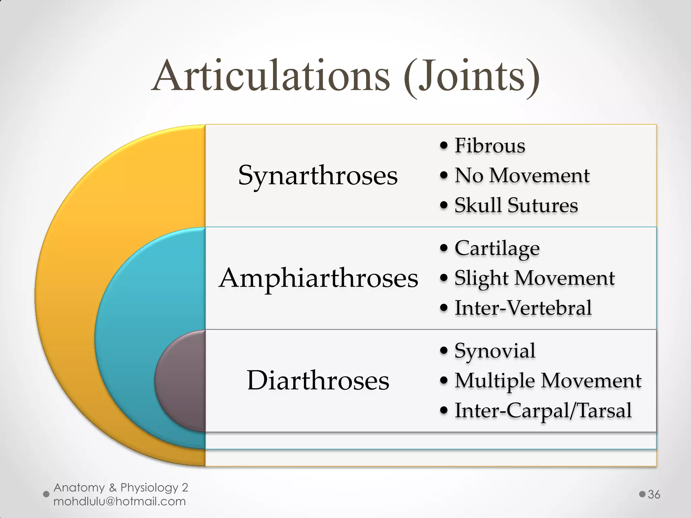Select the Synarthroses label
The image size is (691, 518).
[x=318, y=176]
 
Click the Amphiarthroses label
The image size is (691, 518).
[x=319, y=279]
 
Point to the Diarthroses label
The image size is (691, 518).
[x=318, y=381]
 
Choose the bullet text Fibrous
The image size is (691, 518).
[x=490, y=146]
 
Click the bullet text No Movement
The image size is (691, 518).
[x=522, y=175]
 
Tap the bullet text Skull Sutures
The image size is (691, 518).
[x=516, y=205]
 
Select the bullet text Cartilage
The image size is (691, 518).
[x=497, y=249]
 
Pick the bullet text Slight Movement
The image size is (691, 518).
[x=534, y=278]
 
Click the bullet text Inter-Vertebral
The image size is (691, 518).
[x=523, y=308]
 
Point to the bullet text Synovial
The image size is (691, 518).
[x=495, y=351]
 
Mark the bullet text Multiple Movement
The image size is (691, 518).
[x=548, y=381]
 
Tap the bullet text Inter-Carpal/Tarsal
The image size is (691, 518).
[x=543, y=410]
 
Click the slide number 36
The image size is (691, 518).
[x=654, y=494]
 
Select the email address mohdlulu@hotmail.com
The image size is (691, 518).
[x=119, y=501]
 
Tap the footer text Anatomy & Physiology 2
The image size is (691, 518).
[x=121, y=487]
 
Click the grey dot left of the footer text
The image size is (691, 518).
[x=47, y=494]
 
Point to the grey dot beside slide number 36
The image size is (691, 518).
[x=642, y=494]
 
